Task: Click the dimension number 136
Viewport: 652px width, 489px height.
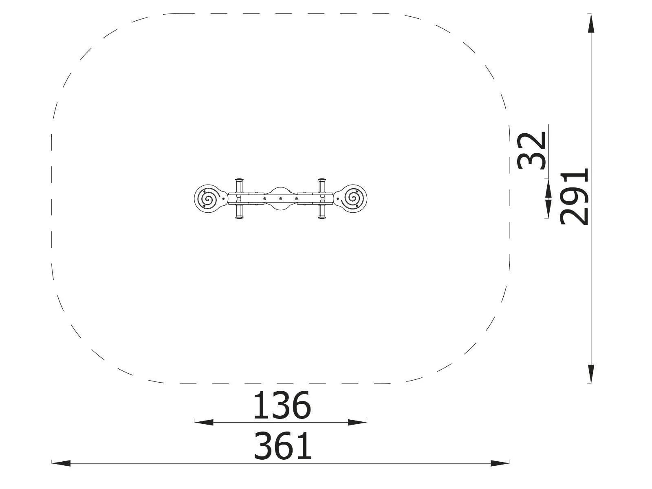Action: pos(282,405)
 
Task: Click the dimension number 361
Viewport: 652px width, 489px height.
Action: pos(283,447)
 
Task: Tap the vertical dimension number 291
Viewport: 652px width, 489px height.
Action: pos(574,197)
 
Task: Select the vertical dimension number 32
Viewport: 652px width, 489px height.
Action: pos(531,150)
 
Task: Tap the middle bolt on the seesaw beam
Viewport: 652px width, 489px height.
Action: pos(280,198)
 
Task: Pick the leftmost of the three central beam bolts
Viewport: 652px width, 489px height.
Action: pos(264,198)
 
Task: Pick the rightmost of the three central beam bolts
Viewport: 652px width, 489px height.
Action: pos(296,198)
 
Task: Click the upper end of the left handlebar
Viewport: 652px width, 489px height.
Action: pos(239,180)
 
